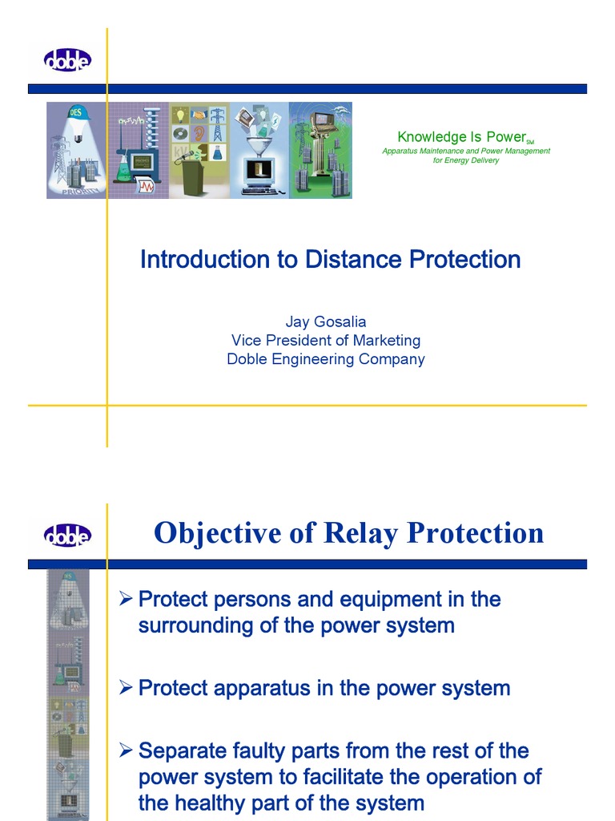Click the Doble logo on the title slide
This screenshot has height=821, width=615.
pyautogui.click(x=68, y=59)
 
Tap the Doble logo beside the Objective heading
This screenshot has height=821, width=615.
pyautogui.click(x=68, y=535)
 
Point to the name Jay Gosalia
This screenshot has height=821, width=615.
pyautogui.click(x=325, y=322)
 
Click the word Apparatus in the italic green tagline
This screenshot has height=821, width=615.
pyautogui.click(x=403, y=151)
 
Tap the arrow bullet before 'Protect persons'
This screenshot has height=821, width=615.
pyautogui.click(x=124, y=599)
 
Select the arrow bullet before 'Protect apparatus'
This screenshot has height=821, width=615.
pyautogui.click(x=124, y=688)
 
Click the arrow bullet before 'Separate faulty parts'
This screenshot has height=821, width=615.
pyautogui.click(x=124, y=751)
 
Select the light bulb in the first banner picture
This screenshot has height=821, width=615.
pyautogui.click(x=78, y=138)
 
